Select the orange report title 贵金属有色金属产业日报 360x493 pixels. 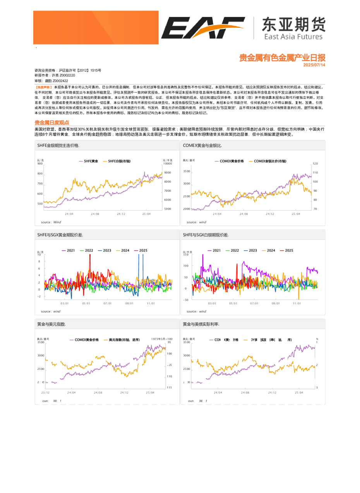282,58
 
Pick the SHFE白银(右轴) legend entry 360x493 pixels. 119,161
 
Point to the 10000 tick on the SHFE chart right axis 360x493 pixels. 168,164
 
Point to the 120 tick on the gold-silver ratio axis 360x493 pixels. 315,164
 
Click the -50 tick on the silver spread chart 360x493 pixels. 186,300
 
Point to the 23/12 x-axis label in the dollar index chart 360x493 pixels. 45,392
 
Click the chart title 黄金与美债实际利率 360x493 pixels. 201,324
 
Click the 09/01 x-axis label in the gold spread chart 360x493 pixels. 129,303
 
